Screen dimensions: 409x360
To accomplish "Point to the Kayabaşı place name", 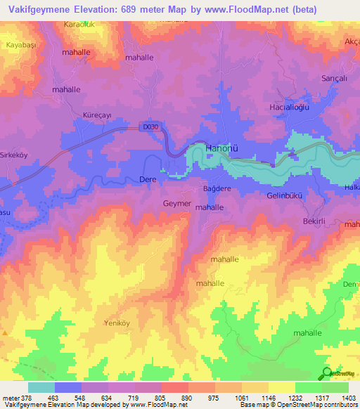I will (x=22, y=44).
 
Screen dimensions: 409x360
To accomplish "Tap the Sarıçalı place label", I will (x=334, y=78).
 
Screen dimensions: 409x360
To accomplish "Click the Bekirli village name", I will (x=312, y=221).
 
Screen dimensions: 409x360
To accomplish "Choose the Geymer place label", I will (x=176, y=203).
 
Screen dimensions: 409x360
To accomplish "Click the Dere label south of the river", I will (x=148, y=181).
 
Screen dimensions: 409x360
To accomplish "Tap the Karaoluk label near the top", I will (x=79, y=25).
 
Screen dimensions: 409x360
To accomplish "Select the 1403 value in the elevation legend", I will (x=349, y=397).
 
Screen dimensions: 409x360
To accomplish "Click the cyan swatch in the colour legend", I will (x=41, y=387).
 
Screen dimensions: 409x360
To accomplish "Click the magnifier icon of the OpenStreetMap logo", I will (x=327, y=373).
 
